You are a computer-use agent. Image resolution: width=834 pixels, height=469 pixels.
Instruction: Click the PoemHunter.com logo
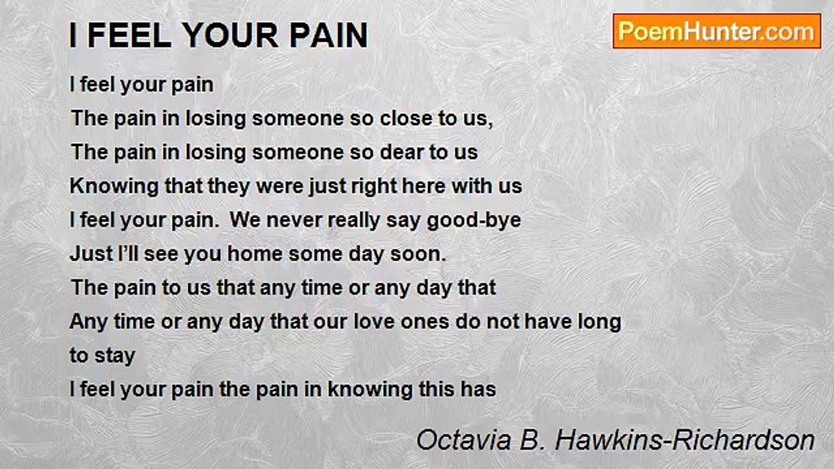click(x=717, y=31)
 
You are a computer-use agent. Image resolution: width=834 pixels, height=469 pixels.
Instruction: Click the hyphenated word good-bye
click(x=474, y=220)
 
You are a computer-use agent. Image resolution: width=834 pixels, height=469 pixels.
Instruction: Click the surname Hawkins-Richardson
click(x=684, y=440)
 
